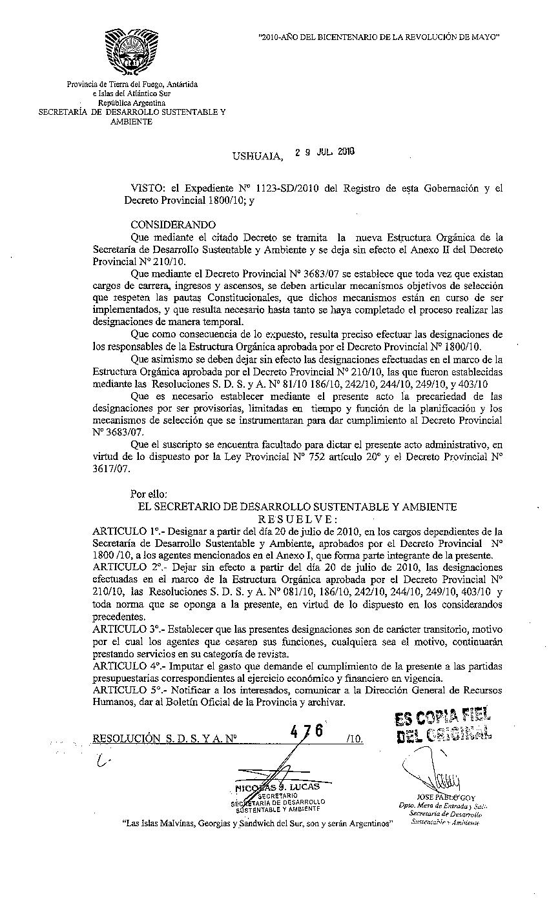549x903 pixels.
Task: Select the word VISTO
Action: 147,188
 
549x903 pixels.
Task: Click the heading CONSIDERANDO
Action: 173,224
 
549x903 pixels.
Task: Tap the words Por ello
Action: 149,494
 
